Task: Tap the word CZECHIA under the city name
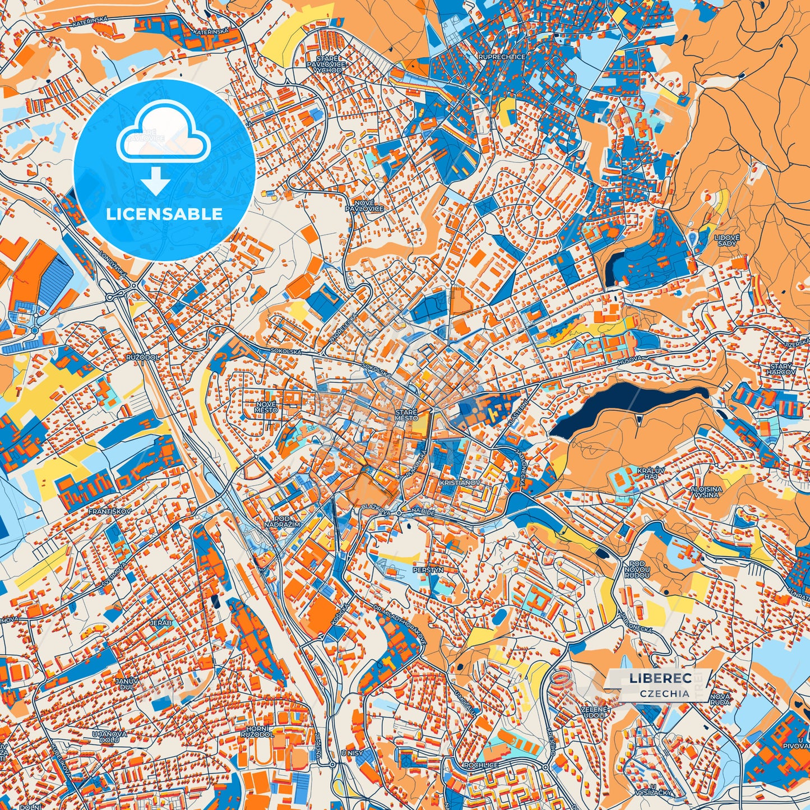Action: point(664,693)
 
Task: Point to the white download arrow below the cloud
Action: point(156,182)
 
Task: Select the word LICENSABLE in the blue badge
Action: point(164,214)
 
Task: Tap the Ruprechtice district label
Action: point(501,57)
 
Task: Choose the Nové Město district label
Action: point(266,406)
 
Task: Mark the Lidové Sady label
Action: point(726,240)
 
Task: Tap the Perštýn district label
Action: point(428,570)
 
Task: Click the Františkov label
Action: point(109,512)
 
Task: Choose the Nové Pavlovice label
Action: point(368,205)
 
